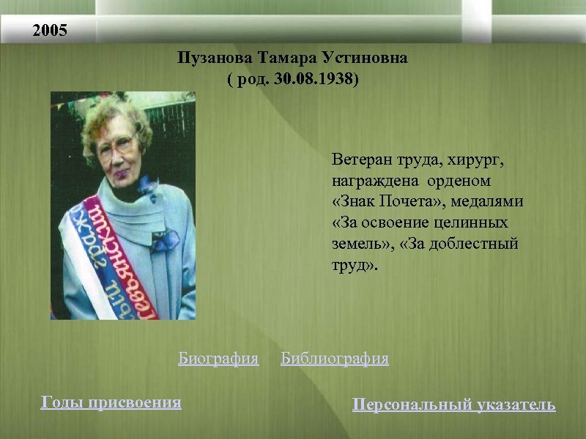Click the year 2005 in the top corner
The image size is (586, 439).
point(50,31)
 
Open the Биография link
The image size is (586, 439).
point(218,359)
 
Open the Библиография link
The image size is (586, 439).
point(335,359)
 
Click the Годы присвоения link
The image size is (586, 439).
point(111,402)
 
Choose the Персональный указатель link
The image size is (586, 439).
point(453,404)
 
